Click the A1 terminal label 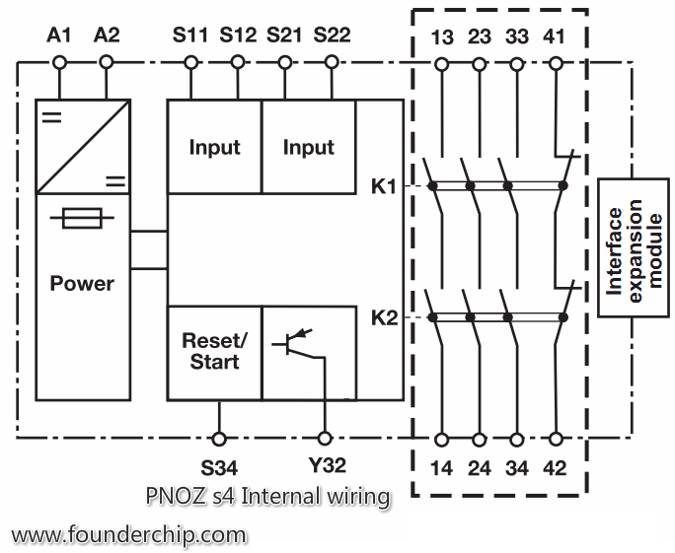click(59, 35)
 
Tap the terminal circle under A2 click(107, 63)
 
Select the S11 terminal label click(190, 35)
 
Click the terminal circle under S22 click(332, 63)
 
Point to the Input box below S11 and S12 click(214, 147)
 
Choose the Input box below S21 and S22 click(309, 147)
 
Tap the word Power click(83, 283)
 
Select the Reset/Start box click(214, 352)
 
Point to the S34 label click(219, 465)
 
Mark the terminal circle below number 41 click(556, 63)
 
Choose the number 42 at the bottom click(556, 467)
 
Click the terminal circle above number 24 click(480, 437)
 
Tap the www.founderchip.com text click(129, 535)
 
